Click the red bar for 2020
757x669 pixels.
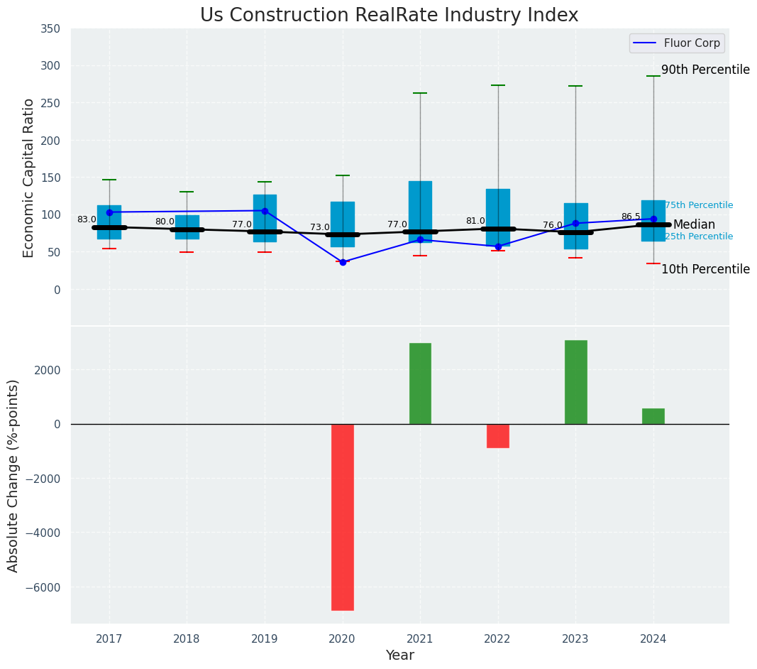(342, 516)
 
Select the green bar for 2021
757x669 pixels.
(420, 384)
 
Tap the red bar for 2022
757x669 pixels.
(497, 435)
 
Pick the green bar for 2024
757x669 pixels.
(653, 416)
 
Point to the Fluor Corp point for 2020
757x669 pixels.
(343, 262)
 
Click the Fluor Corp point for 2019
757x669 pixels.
(265, 211)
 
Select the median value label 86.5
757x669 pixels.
(631, 217)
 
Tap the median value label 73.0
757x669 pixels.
(320, 227)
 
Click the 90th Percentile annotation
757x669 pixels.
(705, 70)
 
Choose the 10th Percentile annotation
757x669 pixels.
(705, 269)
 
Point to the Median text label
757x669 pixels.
(694, 224)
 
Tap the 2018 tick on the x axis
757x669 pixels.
(187, 639)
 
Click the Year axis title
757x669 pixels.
(400, 656)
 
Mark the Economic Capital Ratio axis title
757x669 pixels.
(29, 178)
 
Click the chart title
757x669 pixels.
(389, 15)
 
